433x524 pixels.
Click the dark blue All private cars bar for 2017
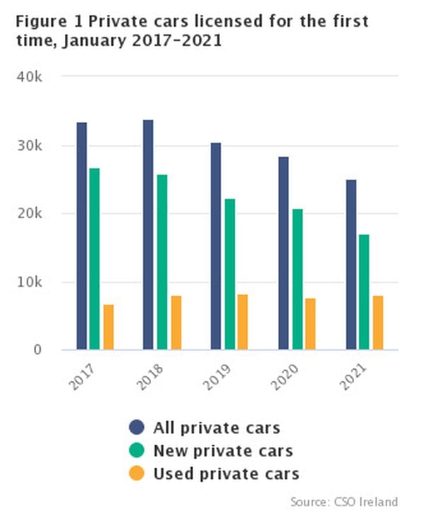pos(82,236)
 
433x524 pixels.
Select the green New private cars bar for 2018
pos(162,261)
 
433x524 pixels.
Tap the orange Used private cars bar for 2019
pos(243,322)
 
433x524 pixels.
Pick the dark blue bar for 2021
pos(351,264)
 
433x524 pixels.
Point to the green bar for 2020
pos(298,279)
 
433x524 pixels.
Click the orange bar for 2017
pos(109,327)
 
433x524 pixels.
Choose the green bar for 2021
pos(364,292)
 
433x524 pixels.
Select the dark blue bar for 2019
pos(216,246)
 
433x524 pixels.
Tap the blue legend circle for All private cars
pos(137,428)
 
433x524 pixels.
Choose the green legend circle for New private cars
pos(137,451)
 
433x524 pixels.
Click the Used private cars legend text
pos(226,473)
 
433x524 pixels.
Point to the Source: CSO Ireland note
pos(344,502)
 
